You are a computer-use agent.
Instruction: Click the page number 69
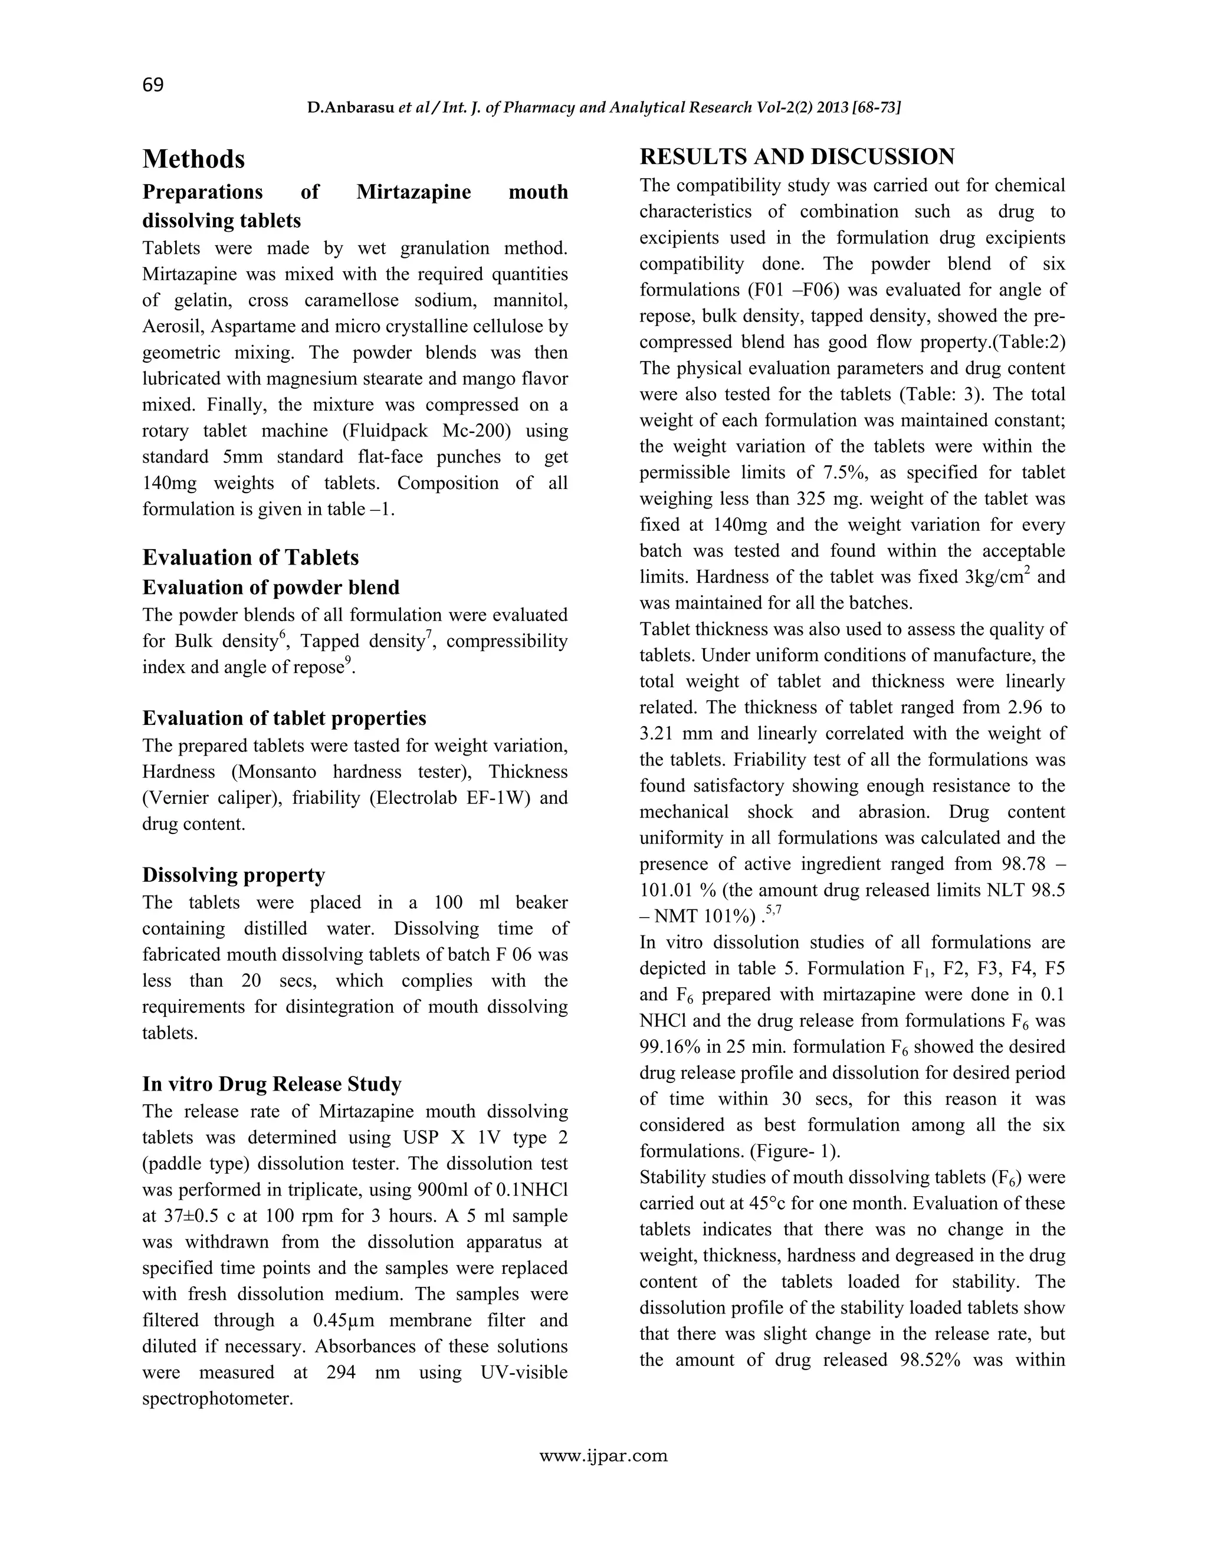[x=153, y=85]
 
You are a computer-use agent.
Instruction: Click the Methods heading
[x=193, y=159]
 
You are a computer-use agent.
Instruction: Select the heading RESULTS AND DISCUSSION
[x=796, y=157]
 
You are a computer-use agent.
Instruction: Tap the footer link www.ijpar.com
[x=603, y=1456]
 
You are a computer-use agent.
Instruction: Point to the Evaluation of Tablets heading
[x=251, y=557]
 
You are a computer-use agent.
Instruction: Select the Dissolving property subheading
[x=234, y=875]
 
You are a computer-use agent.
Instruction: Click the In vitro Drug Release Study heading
[x=271, y=1083]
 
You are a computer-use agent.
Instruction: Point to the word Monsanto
[x=278, y=772]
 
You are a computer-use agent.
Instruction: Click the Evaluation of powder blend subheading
[x=271, y=587]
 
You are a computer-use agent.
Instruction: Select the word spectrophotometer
[x=218, y=1398]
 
